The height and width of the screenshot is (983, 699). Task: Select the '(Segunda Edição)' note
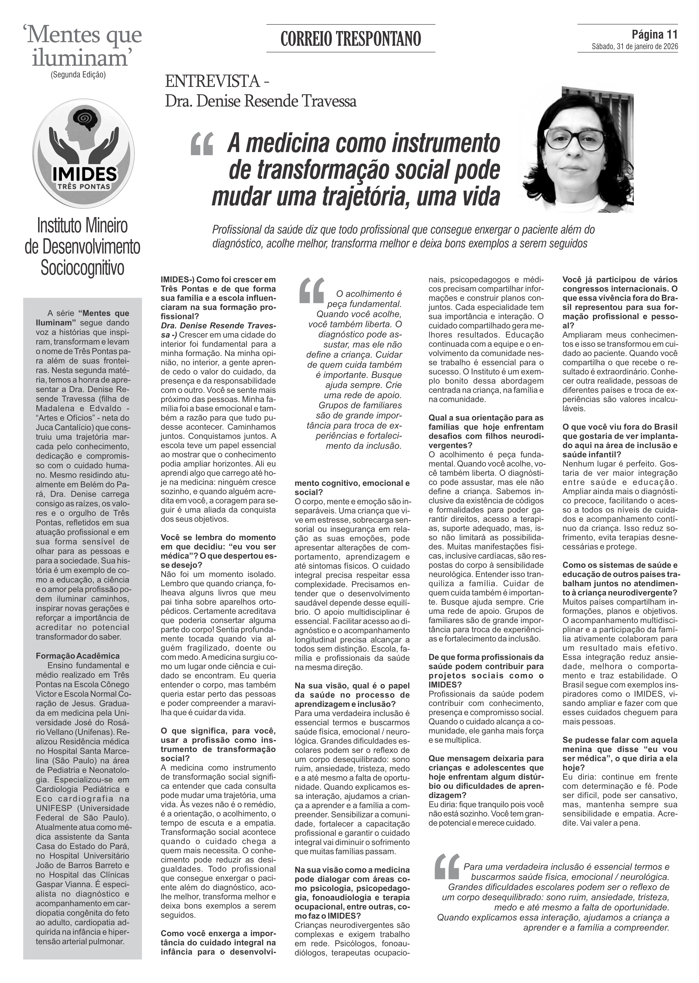[x=78, y=74]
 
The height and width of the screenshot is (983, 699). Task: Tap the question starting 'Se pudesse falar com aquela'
[x=620, y=749]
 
